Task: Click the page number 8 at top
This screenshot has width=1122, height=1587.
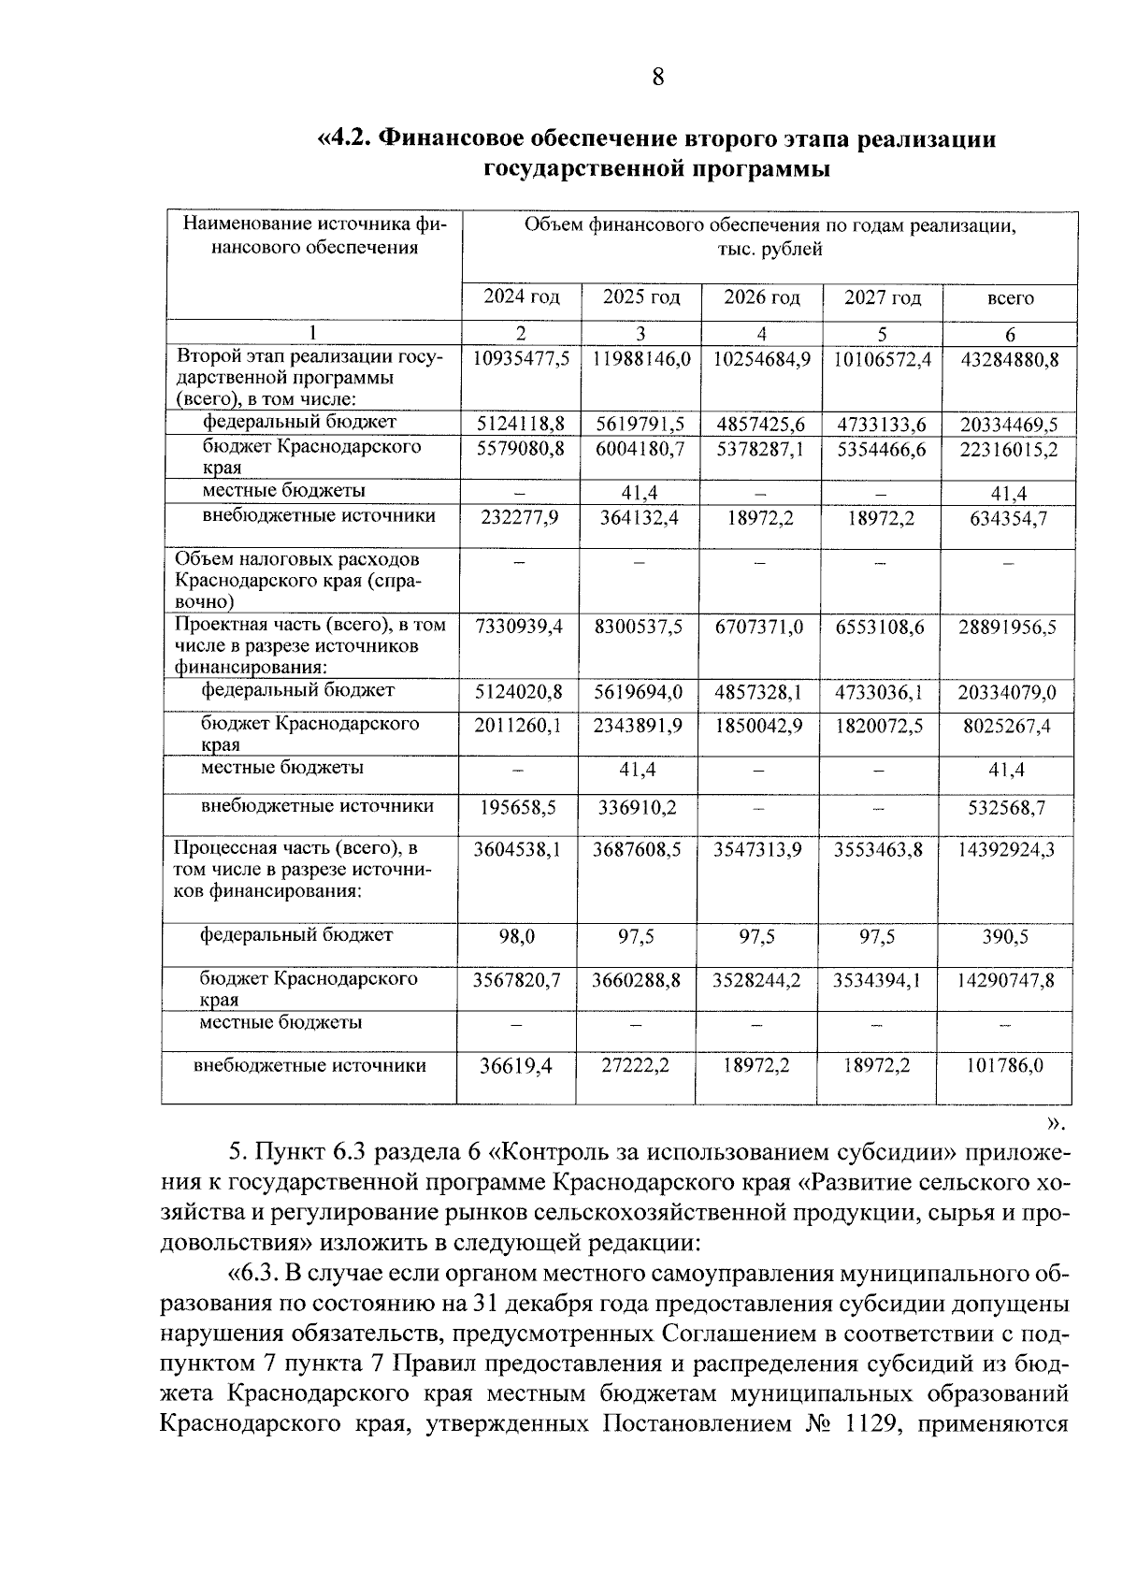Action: click(x=657, y=77)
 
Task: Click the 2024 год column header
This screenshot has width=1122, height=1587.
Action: click(x=521, y=298)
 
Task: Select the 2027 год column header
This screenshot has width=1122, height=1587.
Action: click(x=882, y=298)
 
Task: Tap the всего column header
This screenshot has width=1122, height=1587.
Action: click(x=1010, y=299)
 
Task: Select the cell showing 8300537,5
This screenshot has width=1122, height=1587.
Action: click(x=640, y=628)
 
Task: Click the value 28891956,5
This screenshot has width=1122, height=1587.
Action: click(x=1007, y=628)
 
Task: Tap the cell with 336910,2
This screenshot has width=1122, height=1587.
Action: click(x=638, y=807)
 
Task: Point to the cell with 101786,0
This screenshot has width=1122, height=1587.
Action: click(x=1006, y=1066)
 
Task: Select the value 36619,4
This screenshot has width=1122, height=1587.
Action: click(x=515, y=1066)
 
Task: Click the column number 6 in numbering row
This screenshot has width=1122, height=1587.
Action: click(x=1010, y=334)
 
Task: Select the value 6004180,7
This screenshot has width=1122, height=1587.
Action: click(x=640, y=449)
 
